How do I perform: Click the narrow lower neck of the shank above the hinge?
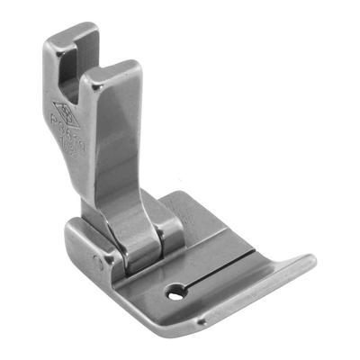[x=126, y=202]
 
